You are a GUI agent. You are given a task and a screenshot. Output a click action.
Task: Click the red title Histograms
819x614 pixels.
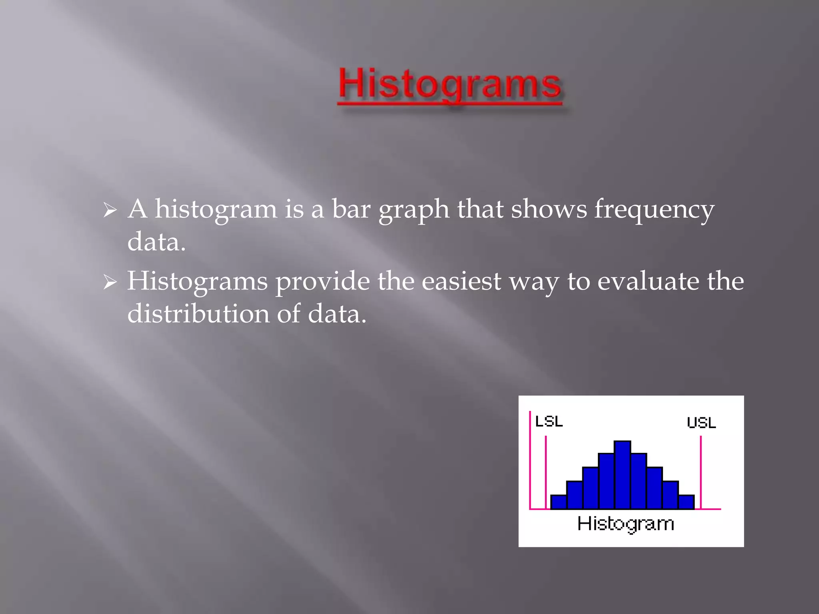click(450, 85)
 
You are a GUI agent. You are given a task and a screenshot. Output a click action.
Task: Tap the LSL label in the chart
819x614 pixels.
click(549, 421)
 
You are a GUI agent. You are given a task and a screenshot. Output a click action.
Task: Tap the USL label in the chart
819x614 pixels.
click(701, 423)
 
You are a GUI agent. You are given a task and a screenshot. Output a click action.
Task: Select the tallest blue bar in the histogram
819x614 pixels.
click(622, 475)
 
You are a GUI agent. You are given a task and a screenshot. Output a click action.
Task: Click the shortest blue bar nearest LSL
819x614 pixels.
click(559, 502)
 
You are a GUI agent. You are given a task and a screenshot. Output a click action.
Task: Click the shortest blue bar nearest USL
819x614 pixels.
click(686, 502)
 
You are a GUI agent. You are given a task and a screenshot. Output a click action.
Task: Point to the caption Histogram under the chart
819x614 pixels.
click(625, 524)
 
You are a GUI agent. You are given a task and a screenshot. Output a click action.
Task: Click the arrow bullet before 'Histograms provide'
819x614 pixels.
click(110, 282)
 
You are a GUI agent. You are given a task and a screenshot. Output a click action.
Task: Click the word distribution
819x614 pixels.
click(198, 313)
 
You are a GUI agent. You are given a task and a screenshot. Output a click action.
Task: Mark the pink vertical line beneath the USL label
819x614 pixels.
click(701, 472)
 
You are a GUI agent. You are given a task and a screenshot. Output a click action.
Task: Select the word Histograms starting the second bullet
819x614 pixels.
click(197, 282)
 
